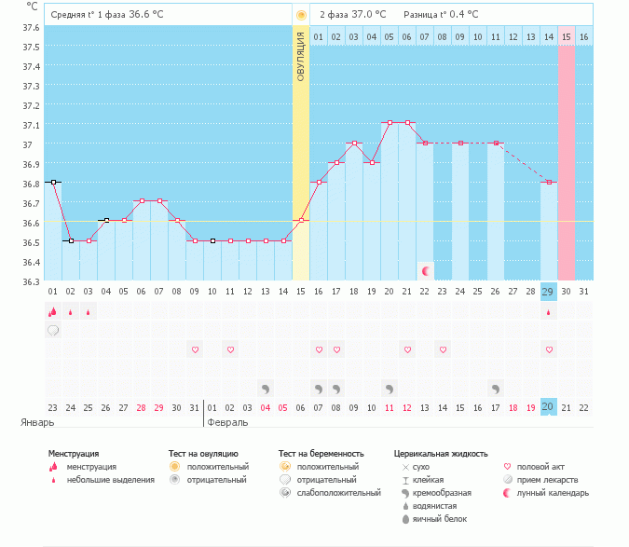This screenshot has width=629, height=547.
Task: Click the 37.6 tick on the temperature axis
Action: (32, 27)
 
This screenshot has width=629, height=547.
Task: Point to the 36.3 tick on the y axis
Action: (32, 281)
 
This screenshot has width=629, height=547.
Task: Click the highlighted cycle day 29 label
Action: (549, 292)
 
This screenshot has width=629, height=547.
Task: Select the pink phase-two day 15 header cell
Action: (567, 36)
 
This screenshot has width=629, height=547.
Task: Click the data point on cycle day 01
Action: (53, 183)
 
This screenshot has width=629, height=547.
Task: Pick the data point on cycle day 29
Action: (549, 183)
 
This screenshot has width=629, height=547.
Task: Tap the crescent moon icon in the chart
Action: (426, 270)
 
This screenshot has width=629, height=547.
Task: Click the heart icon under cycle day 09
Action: (195, 349)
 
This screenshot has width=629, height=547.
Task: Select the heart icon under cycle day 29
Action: (549, 349)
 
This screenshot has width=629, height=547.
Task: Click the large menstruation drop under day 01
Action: (53, 312)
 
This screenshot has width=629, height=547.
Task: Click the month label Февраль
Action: (227, 422)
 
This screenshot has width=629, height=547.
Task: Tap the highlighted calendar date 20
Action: (549, 406)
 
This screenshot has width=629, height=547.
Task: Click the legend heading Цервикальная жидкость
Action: (441, 454)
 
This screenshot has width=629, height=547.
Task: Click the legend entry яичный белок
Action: (444, 518)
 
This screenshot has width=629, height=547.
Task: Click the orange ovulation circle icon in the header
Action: (301, 15)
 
